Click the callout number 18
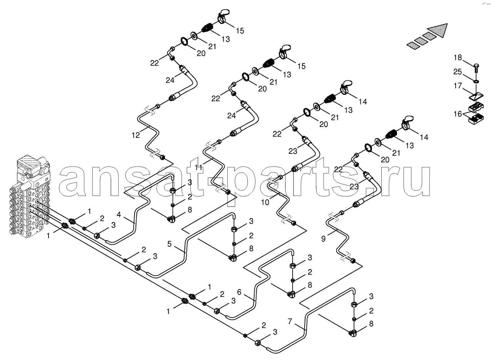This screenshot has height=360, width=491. pos(457,58)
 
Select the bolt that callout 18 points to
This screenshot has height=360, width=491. pos(476,69)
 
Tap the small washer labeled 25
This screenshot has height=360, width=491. pos(476,81)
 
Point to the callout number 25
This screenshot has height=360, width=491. pos(457,72)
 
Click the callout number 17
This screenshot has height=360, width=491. pos(457,86)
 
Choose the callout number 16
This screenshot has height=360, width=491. pos(457,114)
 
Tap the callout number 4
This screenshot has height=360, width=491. pos(119,214)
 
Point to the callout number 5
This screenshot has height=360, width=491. pos(169,244)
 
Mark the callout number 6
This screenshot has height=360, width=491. pos(239,292)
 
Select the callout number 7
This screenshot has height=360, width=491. pos(290,321)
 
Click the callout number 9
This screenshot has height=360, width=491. pos(323,239)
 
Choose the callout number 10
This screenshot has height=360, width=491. pos(265,202)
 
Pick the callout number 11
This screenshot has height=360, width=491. pos(199,168)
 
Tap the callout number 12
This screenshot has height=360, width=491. pos(136,135)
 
